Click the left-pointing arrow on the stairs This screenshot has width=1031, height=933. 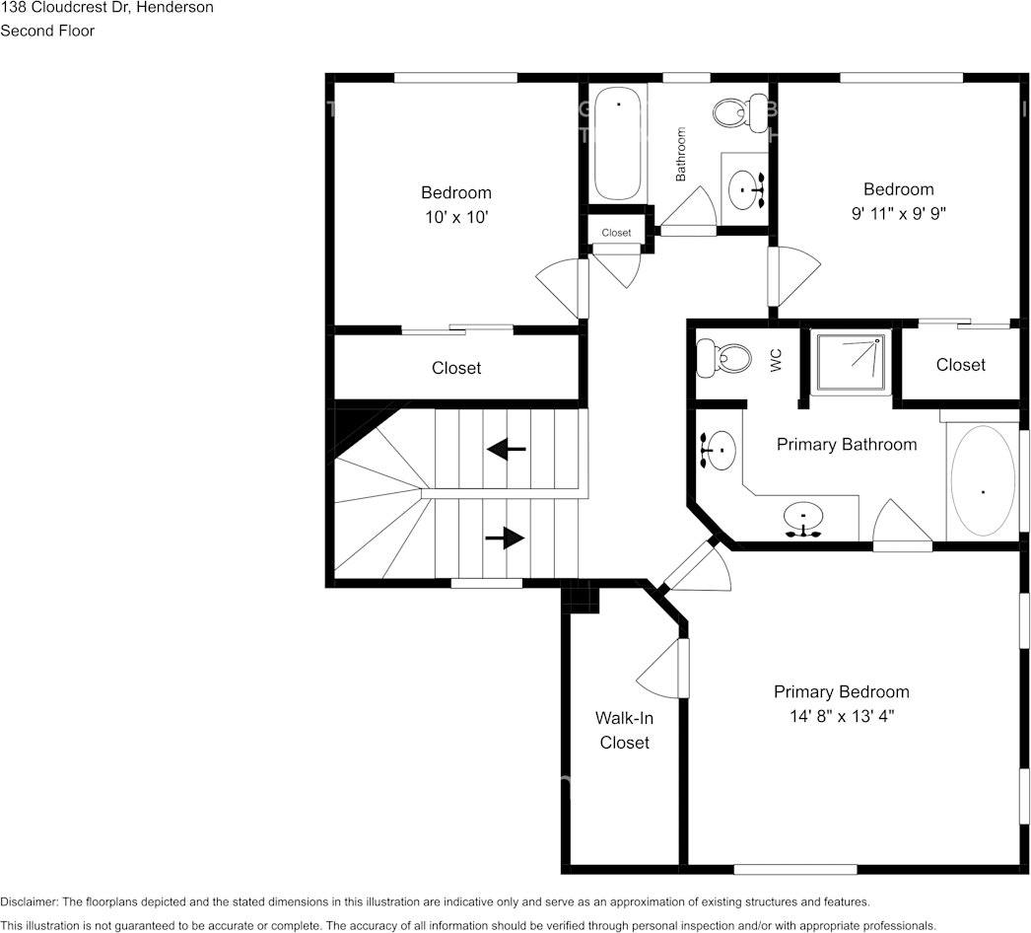coord(507,450)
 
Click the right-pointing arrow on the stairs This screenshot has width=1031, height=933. coord(504,538)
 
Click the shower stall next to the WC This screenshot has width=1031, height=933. coord(849,362)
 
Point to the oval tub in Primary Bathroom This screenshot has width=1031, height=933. coord(982,481)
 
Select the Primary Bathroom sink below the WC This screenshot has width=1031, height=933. coord(719,451)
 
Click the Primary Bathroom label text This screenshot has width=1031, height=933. coord(846,445)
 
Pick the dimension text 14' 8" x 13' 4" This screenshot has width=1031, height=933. coord(841,716)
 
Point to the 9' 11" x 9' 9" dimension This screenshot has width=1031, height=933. coord(898,213)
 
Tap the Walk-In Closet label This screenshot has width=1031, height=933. coord(624,731)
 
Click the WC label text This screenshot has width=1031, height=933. coord(776,361)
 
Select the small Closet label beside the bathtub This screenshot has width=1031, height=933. coord(616,233)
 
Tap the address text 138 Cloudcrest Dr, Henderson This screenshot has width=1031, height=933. coord(106,8)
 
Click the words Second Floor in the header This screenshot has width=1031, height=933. coord(47,31)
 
